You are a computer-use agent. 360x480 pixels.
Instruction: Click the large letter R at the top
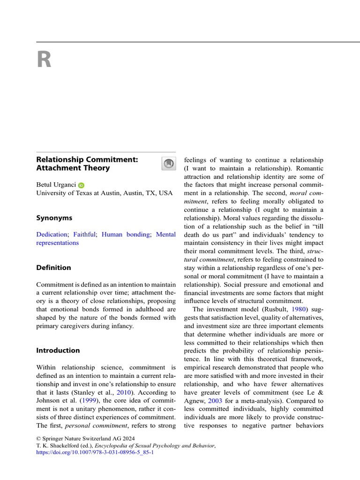44,60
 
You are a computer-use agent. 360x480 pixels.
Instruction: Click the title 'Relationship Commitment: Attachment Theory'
87,164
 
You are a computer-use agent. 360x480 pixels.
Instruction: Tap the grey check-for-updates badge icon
168,164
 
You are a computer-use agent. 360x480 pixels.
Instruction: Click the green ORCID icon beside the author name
81,186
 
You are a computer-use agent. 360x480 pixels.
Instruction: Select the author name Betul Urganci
56,185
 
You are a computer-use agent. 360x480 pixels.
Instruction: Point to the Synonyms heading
54,218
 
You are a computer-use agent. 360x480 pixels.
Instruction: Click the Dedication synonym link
52,234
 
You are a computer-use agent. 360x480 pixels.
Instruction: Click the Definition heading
54,268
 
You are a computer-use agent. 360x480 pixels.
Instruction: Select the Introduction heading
58,351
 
